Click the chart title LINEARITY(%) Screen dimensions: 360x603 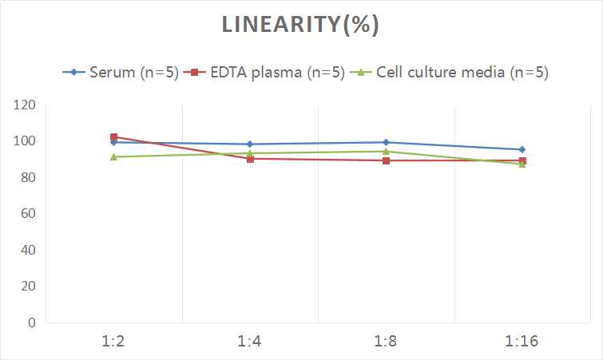click(300, 25)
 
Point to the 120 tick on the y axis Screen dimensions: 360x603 click(25, 105)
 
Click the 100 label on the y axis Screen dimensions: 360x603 click(25, 141)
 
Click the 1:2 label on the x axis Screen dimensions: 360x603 click(113, 342)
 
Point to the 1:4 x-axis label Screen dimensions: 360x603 click(250, 342)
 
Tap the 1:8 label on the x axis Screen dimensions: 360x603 click(386, 342)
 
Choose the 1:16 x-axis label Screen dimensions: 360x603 click(522, 342)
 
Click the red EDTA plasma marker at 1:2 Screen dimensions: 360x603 click(114, 137)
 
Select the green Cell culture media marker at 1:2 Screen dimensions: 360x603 click(114, 156)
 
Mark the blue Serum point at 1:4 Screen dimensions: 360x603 click(250, 144)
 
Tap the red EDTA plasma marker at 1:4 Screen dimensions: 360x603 click(250, 159)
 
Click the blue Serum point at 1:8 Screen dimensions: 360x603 click(386, 142)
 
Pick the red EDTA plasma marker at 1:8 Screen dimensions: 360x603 click(386, 160)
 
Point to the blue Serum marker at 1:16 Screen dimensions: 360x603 click(522, 149)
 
